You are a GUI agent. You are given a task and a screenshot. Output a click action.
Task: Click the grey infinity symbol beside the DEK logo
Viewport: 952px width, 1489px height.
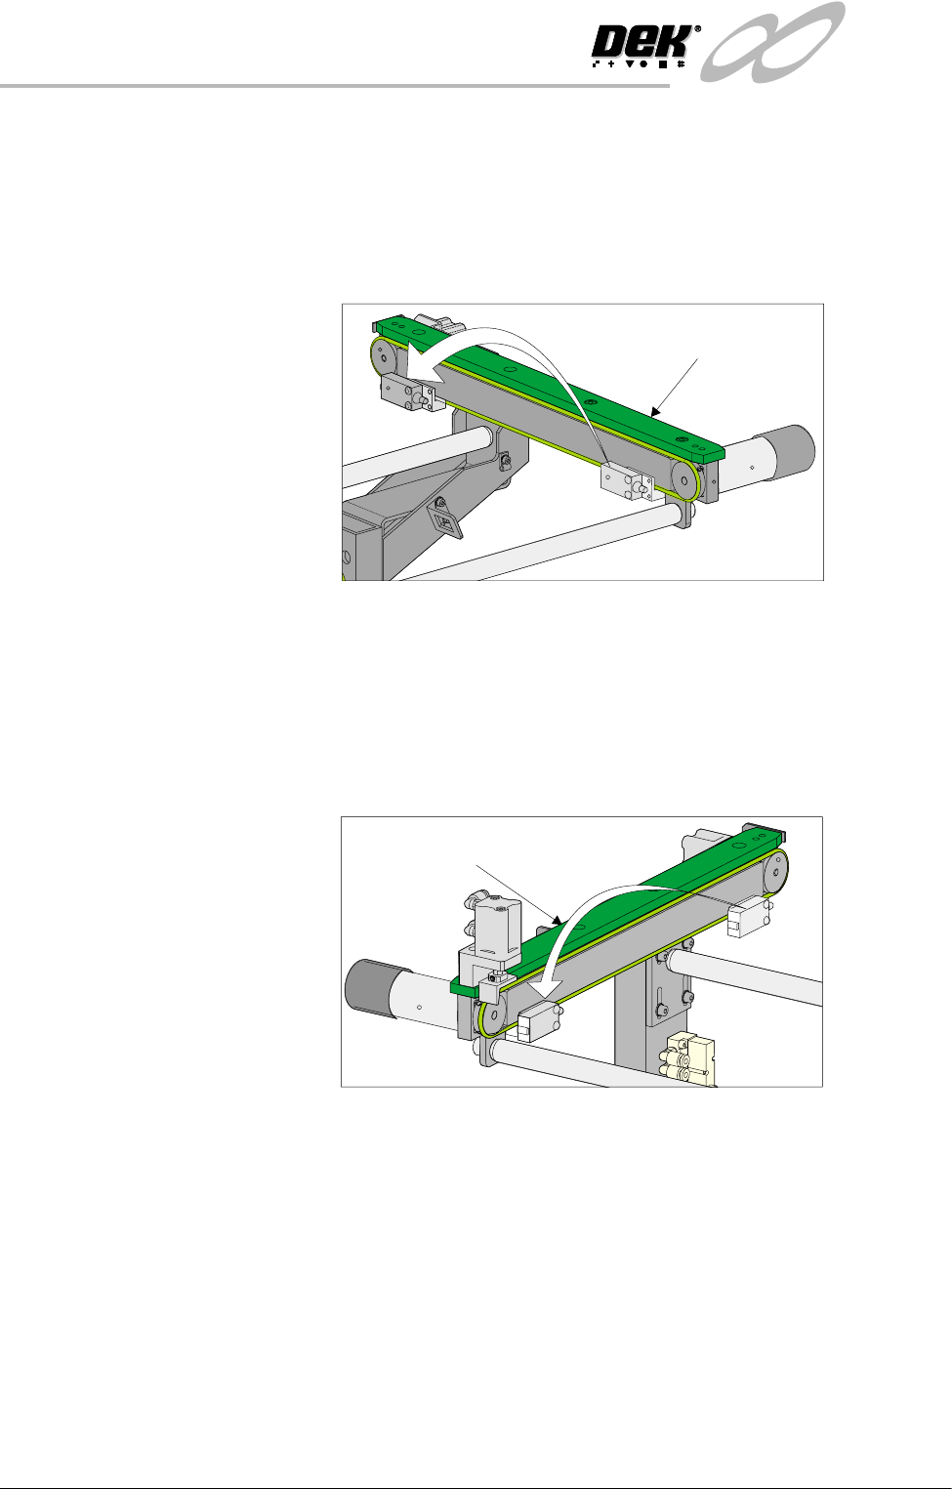pyautogui.click(x=772, y=41)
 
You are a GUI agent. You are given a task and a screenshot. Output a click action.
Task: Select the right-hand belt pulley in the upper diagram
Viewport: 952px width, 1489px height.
pyautogui.click(x=684, y=479)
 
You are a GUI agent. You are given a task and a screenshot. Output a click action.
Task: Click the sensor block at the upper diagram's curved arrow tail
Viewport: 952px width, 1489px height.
pyautogui.click(x=626, y=481)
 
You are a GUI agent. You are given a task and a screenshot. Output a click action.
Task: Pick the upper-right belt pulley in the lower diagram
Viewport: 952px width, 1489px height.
pyautogui.click(x=775, y=871)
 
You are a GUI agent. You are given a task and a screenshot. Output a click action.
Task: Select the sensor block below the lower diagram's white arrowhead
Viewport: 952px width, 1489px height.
pyautogui.click(x=540, y=1022)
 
